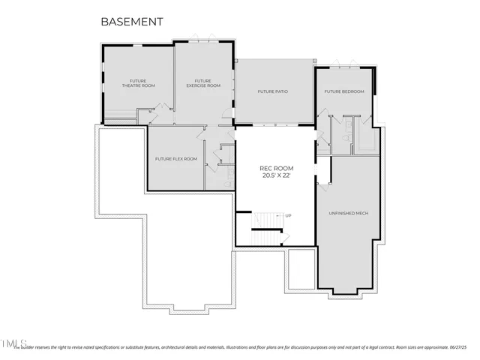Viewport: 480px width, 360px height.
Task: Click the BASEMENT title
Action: pos(131,22)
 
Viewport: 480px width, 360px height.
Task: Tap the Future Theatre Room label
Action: pos(137,83)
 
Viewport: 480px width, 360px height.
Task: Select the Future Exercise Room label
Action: pos(203,83)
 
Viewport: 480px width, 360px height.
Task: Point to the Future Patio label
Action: pos(273,91)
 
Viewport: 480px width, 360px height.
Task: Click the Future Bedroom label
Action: pos(343,91)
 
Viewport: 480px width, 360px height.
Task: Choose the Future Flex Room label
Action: pos(175,159)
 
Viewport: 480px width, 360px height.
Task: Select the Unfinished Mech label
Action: pos(348,213)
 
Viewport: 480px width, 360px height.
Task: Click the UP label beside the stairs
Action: pos(287,216)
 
